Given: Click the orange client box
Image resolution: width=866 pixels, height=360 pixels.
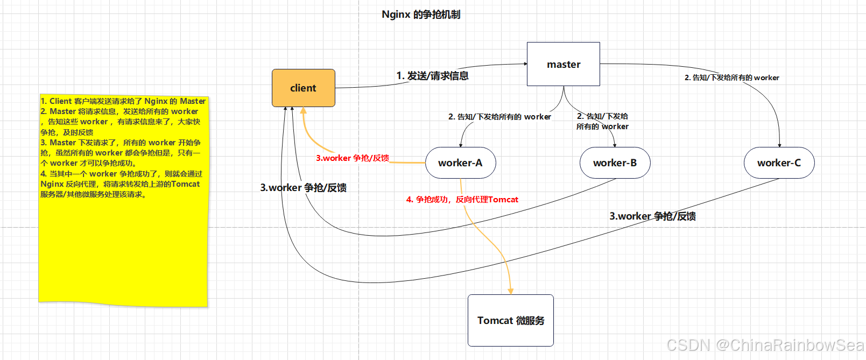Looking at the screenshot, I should click(303, 88).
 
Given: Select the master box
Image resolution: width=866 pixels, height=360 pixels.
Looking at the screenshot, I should click(563, 64).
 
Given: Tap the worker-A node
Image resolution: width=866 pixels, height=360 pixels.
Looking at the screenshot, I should click(460, 163).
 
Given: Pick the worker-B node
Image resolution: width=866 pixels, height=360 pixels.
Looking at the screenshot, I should click(615, 163).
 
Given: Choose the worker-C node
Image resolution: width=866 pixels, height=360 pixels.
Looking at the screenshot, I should click(779, 163).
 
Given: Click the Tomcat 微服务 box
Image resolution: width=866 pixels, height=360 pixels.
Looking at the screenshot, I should click(510, 320).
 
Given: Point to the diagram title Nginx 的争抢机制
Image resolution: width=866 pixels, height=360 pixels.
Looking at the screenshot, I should click(421, 15).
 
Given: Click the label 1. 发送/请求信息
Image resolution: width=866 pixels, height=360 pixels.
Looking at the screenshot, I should click(432, 76).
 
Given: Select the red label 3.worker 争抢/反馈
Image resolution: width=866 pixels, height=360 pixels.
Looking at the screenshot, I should click(353, 158).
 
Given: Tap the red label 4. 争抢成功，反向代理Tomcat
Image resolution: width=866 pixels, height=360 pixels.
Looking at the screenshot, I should click(462, 200).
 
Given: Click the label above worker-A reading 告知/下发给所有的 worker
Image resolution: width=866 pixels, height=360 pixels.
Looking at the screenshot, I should click(499, 117).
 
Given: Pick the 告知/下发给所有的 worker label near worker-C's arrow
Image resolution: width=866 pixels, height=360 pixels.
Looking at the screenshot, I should click(731, 77).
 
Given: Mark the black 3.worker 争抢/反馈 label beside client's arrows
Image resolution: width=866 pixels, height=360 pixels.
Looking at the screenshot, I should click(303, 188).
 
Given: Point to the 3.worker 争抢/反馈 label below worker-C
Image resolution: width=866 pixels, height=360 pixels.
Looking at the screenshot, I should click(652, 216).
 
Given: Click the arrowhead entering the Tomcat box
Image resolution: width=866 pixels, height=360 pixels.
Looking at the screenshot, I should click(510, 292).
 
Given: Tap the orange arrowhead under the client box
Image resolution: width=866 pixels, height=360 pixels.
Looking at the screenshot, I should click(304, 110).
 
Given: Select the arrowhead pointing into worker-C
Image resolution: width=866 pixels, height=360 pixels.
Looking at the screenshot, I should click(779, 145).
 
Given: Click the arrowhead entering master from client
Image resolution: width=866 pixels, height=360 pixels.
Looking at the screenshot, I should click(525, 64).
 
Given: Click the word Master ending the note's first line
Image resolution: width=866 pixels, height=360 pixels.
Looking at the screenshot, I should click(193, 101).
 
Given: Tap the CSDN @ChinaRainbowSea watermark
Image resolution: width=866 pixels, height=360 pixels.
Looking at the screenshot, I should click(765, 345).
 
